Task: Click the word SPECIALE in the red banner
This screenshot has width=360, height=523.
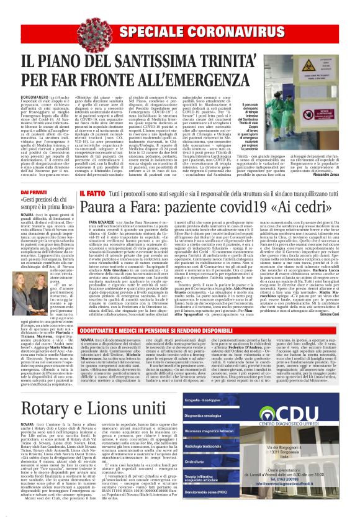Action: click(153, 32)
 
